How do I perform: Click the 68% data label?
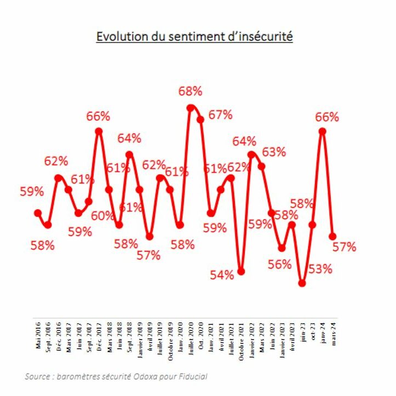[x=191, y=91]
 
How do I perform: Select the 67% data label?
[x=221, y=115]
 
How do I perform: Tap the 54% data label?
[x=222, y=275]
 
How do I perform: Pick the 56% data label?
[x=280, y=265]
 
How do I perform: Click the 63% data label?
[x=274, y=152]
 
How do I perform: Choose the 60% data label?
[x=102, y=216]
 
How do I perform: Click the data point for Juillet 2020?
[x=190, y=108]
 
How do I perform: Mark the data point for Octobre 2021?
[x=241, y=272]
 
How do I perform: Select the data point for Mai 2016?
[x=38, y=213]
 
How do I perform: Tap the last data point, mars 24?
[x=332, y=237]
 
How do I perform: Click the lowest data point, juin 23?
[x=302, y=283]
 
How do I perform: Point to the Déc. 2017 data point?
[x=99, y=131]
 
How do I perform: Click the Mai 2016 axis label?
[x=38, y=334]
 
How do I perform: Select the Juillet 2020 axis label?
[x=191, y=336]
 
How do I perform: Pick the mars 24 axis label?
[x=333, y=330]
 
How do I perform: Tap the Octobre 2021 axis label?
[x=242, y=337]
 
